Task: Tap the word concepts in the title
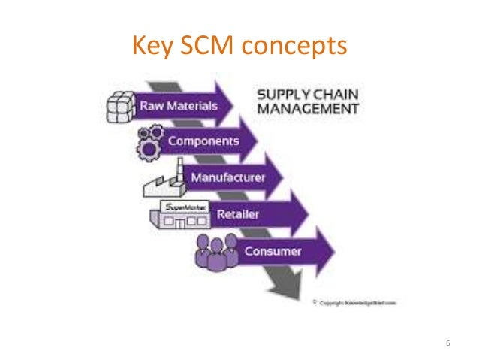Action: coord(294,47)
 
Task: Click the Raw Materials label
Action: coord(181,105)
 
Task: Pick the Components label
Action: coord(203,141)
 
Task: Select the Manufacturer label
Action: coord(227,178)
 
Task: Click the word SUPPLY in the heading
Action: coord(281,95)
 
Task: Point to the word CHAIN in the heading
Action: coord(333,95)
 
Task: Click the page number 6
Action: coord(448,344)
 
